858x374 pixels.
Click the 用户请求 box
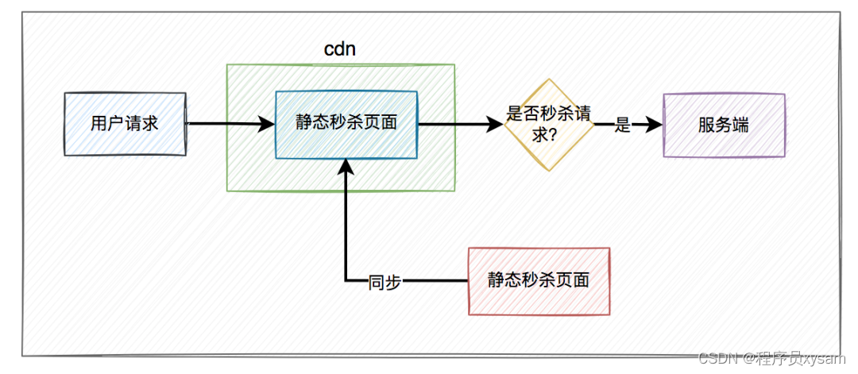point(125,124)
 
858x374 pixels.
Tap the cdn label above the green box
point(339,48)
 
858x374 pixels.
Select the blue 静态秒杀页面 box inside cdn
point(346,124)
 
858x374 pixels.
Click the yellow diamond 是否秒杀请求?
point(548,124)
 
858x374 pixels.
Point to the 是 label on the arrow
point(623,125)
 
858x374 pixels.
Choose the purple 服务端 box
point(723,125)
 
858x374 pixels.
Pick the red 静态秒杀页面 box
point(539,280)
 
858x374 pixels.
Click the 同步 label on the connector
point(385,281)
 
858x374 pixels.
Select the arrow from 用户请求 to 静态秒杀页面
point(226,124)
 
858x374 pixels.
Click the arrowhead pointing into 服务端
point(654,125)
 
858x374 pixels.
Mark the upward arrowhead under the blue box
point(346,165)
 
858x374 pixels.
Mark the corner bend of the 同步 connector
point(346,281)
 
